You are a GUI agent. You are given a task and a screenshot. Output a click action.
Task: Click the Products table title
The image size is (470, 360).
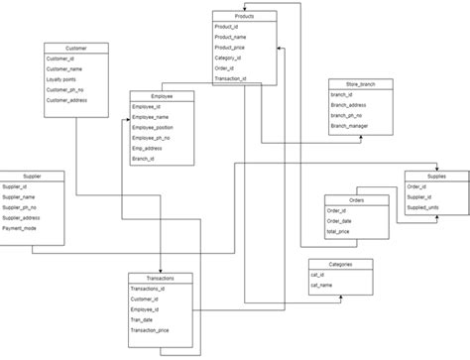pos(244,17)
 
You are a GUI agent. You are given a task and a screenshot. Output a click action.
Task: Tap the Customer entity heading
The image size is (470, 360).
pos(75,48)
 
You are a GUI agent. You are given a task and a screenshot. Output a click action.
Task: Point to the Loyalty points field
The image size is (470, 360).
pos(63,79)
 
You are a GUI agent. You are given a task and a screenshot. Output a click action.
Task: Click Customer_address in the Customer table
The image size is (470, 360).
pos(70,100)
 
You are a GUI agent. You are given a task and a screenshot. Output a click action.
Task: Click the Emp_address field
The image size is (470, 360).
pos(149,148)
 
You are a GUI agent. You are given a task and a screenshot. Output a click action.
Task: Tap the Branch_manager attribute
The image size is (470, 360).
pos(351,126)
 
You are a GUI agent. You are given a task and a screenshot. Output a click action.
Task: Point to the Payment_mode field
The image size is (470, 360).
pos(22,227)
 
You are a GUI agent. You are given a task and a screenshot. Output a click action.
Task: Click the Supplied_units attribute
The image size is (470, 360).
pos(427,206)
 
